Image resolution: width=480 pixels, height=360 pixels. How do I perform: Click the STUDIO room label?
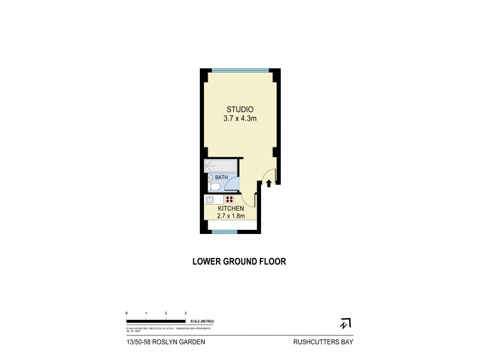[240, 109]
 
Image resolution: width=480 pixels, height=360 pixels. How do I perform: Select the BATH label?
[221, 178]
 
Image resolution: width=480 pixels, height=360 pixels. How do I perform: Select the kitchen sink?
[211, 200]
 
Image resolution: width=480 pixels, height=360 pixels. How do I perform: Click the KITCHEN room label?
[230, 209]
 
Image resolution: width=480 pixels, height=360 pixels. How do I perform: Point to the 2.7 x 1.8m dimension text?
[230, 216]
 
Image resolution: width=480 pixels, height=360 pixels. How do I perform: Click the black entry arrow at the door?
[269, 183]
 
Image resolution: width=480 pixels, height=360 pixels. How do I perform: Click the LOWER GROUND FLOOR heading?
[238, 262]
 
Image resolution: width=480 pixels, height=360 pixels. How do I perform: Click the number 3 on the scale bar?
[185, 314]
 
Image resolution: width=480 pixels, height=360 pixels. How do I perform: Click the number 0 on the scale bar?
[127, 314]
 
